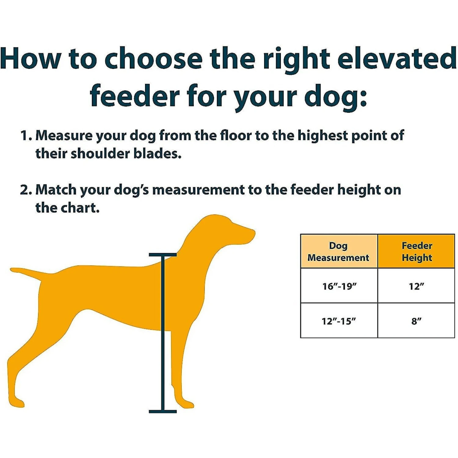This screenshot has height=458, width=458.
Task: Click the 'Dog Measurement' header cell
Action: point(339,251)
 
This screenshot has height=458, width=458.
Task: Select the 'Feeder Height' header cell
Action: point(416,251)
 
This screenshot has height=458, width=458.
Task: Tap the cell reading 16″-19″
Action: point(339,286)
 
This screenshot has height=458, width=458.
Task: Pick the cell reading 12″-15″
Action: point(339,321)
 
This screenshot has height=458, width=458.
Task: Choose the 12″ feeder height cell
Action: point(416,286)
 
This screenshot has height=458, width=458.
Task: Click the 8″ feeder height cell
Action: point(416,321)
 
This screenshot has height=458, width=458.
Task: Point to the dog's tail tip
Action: point(12,270)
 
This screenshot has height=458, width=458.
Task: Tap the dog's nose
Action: point(253,233)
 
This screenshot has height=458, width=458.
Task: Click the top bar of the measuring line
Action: point(163,255)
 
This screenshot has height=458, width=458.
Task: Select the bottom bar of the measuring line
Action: point(163,412)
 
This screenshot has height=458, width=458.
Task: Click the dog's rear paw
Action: point(16,402)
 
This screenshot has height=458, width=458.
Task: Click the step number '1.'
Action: point(26,136)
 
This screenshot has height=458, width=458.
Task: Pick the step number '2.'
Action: point(26,190)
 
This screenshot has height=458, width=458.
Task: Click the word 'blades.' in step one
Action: point(158,154)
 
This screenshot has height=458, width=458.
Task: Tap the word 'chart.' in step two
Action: point(80,208)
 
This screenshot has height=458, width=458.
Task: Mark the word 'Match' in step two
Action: point(56,190)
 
